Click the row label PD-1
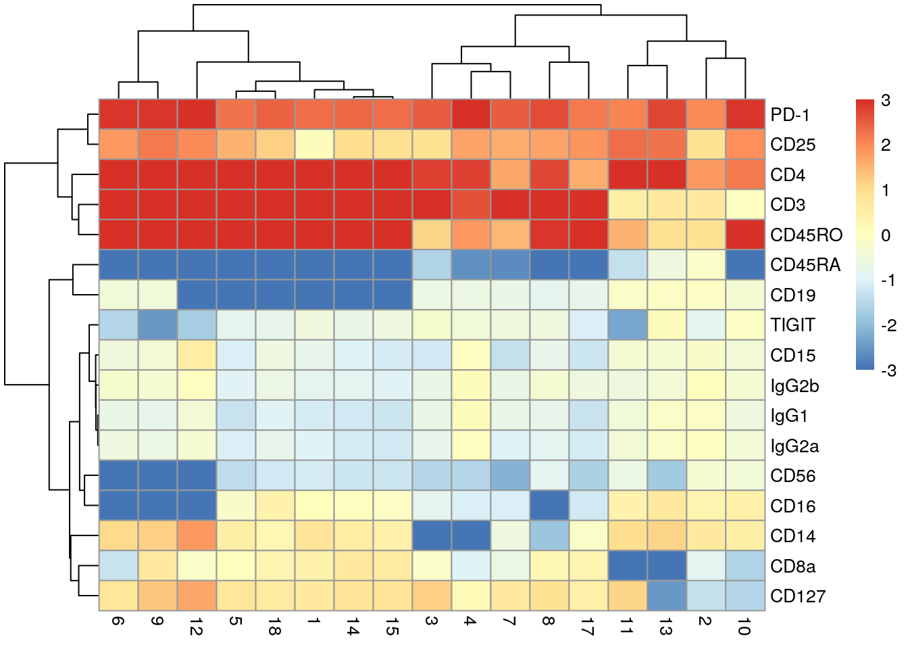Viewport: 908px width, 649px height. point(789,115)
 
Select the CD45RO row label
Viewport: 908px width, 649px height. point(806,235)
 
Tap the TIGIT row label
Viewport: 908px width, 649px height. point(792,325)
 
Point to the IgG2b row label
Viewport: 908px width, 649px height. point(794,386)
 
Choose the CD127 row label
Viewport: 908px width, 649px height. point(797,596)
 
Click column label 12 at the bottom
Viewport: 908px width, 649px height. point(197,629)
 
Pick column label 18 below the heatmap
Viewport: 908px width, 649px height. point(275,629)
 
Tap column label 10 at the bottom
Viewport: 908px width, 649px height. point(745,629)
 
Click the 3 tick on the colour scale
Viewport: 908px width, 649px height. point(886,101)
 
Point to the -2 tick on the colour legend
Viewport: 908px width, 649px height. point(888,325)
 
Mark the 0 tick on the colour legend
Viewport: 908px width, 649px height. point(886,235)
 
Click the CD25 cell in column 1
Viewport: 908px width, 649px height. point(315,144)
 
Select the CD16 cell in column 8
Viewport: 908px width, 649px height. point(549,505)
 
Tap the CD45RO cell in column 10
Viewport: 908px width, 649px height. point(745,235)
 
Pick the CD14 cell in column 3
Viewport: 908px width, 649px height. point(432,535)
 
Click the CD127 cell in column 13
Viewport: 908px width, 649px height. point(667,596)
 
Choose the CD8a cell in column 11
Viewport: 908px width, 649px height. point(628,565)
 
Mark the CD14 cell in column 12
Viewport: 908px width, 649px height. point(197,535)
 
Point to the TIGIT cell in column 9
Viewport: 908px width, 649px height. point(157,324)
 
